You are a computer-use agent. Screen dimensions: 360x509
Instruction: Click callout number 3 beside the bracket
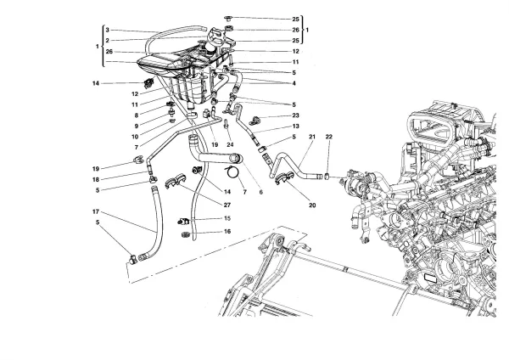pyautogui.click(x=108, y=30)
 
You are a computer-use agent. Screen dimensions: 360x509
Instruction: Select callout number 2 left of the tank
pyautogui.click(x=108, y=40)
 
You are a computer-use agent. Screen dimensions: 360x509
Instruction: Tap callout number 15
pyautogui.click(x=227, y=219)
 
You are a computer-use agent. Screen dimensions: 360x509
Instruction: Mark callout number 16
pyautogui.click(x=227, y=231)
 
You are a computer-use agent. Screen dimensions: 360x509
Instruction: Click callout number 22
pyautogui.click(x=330, y=138)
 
